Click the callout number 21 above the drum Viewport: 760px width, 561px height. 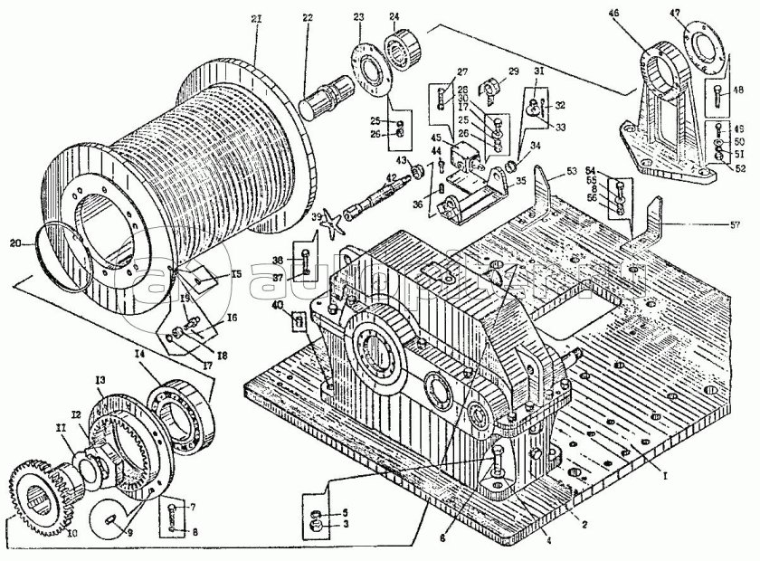click(x=256, y=19)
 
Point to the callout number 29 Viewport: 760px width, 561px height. click(x=514, y=71)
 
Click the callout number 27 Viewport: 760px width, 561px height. click(x=462, y=71)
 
